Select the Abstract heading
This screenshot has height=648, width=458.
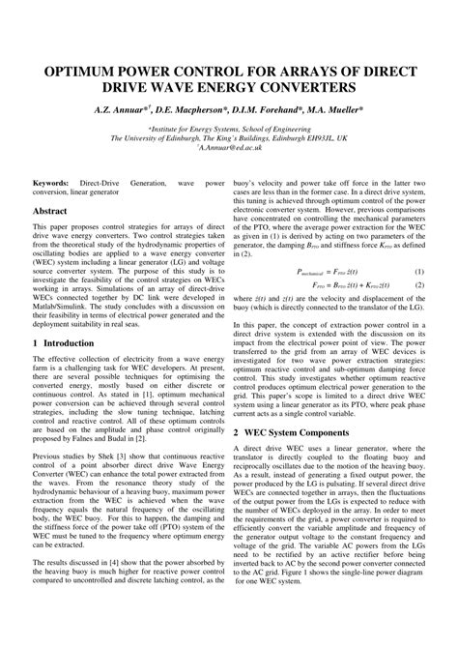coord(50,210)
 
